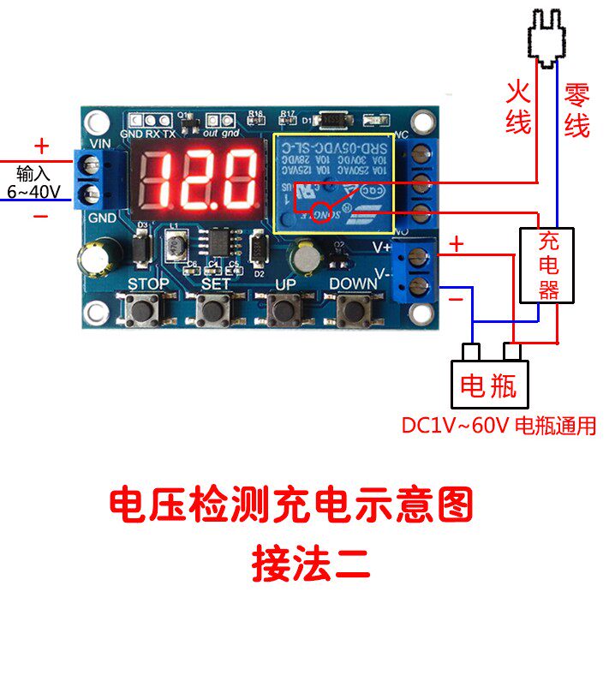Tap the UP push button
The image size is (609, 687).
(x=284, y=309)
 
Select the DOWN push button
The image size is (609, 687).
(x=352, y=310)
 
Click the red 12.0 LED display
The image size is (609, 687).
(x=196, y=178)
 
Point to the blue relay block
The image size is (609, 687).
(x=332, y=182)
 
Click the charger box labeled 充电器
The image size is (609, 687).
(x=547, y=265)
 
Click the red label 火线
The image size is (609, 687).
(x=518, y=107)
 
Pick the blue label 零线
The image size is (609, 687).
(x=576, y=109)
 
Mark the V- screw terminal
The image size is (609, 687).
(x=420, y=286)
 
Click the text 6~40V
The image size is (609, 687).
(x=33, y=191)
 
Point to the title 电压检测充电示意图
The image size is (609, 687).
(x=291, y=505)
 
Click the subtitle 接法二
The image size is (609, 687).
(x=310, y=564)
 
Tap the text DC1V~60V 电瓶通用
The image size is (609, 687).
(x=499, y=426)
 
